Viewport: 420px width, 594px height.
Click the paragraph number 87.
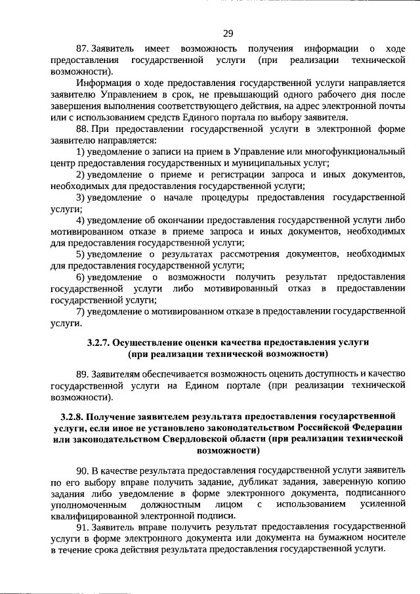point(82,49)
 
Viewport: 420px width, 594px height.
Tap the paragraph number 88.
point(82,129)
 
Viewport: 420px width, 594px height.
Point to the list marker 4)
point(80,220)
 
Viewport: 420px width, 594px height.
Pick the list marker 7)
point(80,311)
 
